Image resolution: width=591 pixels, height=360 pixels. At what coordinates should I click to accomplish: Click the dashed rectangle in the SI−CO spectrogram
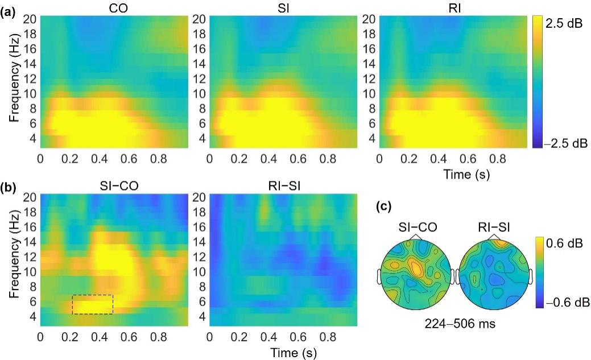93,304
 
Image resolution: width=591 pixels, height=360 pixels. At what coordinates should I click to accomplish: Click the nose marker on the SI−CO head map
416,236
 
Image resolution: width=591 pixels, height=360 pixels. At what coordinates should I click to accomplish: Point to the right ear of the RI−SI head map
530,276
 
